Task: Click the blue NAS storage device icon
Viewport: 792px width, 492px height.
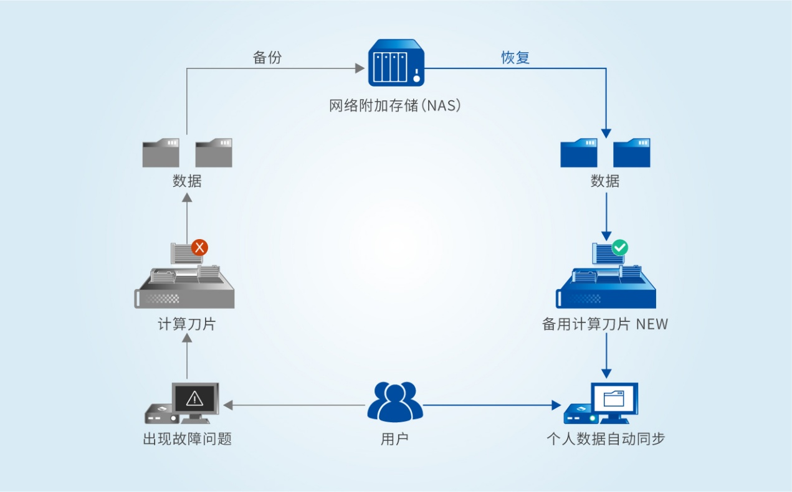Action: pos(396,62)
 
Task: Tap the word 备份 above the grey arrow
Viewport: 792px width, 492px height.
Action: pos(267,57)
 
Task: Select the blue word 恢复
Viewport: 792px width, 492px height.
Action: pos(515,57)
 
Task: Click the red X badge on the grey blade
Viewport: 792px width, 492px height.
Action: pos(199,247)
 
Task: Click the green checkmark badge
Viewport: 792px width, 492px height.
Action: pos(619,247)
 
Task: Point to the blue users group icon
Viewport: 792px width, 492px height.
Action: pos(395,402)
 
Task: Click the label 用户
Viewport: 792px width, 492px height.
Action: pos(394,438)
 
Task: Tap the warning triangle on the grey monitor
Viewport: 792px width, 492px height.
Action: pos(195,397)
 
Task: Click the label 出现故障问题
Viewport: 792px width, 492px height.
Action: pos(187,438)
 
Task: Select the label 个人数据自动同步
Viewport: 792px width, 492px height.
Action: pos(606,438)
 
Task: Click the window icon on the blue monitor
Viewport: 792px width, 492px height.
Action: pos(614,397)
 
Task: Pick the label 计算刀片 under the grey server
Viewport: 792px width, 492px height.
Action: pos(186,324)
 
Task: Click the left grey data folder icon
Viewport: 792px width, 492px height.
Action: pos(161,153)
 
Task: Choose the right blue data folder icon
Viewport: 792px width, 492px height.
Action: pos(632,153)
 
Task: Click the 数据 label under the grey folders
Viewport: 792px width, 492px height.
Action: pos(187,181)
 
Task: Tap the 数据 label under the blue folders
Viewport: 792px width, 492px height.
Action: pos(605,181)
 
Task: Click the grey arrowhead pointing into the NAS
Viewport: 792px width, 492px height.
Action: pos(360,68)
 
